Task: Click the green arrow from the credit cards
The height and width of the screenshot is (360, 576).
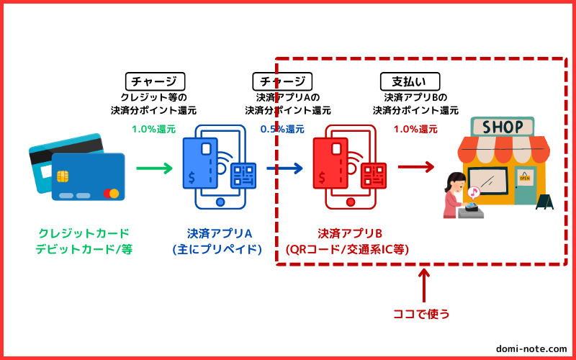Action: pyautogui.click(x=154, y=168)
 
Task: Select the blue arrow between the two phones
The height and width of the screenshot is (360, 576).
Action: pyautogui.click(x=284, y=168)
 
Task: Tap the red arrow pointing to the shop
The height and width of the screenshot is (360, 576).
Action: pyautogui.click(x=416, y=167)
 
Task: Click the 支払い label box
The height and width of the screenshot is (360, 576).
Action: pyautogui.click(x=410, y=81)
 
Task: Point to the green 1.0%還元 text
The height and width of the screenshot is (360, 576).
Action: pyautogui.click(x=154, y=130)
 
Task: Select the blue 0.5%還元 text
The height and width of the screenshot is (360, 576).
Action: pyautogui.click(x=282, y=130)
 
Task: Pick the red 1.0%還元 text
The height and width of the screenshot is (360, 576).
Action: pyautogui.click(x=416, y=130)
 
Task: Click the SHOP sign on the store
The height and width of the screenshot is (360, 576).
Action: pyautogui.click(x=503, y=127)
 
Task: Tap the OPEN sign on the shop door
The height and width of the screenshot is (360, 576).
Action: pyautogui.click(x=525, y=178)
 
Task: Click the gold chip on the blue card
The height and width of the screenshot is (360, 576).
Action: pyautogui.click(x=63, y=176)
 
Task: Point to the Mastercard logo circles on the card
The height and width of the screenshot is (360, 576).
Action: pyautogui.click(x=111, y=193)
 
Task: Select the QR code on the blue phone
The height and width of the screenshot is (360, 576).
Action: pyautogui.click(x=243, y=176)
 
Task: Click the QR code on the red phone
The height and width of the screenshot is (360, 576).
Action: pyautogui.click(x=374, y=176)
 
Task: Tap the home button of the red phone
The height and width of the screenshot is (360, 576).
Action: pyautogui.click(x=351, y=202)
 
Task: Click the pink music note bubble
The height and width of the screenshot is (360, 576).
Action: pyautogui.click(x=474, y=192)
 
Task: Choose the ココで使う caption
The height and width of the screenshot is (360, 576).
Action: pyautogui.click(x=421, y=314)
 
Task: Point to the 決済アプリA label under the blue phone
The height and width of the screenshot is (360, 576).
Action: pyautogui.click(x=220, y=233)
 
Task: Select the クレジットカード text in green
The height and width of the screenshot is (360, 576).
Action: pyautogui.click(x=84, y=233)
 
